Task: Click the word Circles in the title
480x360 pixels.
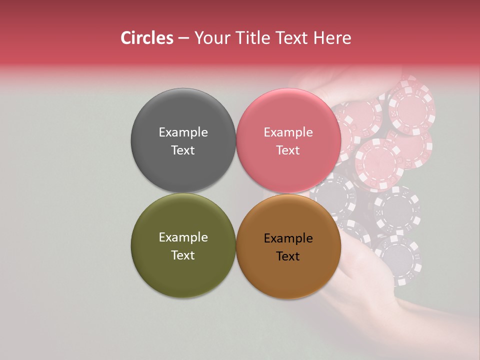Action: point(147,38)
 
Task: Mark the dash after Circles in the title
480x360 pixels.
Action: point(183,38)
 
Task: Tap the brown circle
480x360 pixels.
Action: point(288,275)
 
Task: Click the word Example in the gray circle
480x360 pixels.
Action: point(183,132)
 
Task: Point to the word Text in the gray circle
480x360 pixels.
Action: point(183,150)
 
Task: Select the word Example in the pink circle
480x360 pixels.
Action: point(288,132)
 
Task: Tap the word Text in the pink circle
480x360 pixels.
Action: point(288,150)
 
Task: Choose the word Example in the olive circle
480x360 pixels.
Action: point(183,237)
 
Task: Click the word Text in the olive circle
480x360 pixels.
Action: point(183,255)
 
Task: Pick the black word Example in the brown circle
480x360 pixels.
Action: point(288,238)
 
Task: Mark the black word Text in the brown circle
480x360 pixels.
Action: point(288,256)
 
